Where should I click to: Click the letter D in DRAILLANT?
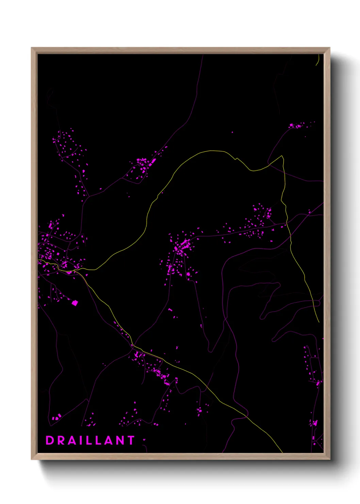point(50,440)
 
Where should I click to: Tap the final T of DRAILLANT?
point(131,440)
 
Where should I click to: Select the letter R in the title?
point(61,440)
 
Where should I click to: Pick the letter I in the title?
point(82,440)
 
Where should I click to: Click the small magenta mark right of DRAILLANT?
point(144,440)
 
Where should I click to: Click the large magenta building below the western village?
point(75,303)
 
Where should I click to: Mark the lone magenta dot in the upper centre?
point(232,132)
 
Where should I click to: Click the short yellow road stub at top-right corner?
point(317,61)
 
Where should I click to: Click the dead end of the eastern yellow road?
point(318,321)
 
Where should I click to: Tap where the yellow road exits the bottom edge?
point(282,452)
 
